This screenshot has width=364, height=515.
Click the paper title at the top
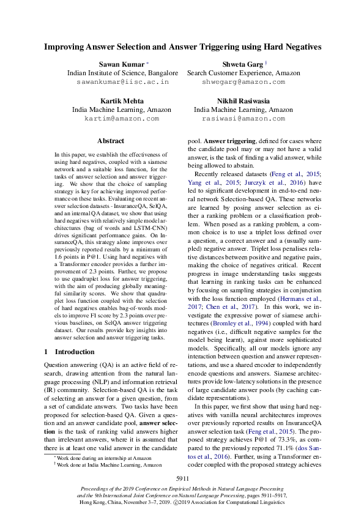pos(182,46)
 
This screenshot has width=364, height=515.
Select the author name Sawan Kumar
pos(121,64)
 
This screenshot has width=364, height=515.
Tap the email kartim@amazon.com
pos(122,118)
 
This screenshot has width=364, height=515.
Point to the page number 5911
pos(182,478)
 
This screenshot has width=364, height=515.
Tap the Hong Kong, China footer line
pos(182,502)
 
